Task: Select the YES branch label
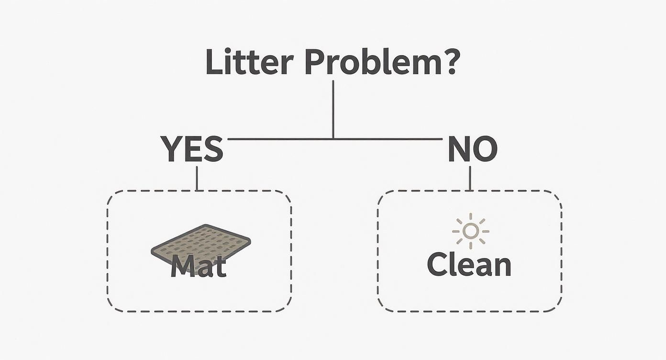pyautogui.click(x=192, y=149)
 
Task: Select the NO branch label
pyautogui.click(x=472, y=149)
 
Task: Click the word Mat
pyautogui.click(x=198, y=267)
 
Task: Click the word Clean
pyautogui.click(x=469, y=264)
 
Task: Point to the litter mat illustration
pyautogui.click(x=201, y=242)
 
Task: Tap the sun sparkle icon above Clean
pyautogui.click(x=471, y=231)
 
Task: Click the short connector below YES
pyautogui.click(x=197, y=178)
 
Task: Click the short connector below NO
pyautogui.click(x=470, y=178)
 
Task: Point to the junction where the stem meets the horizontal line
pyautogui.click(x=333, y=139)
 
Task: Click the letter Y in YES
pyautogui.click(x=170, y=149)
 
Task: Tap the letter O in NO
pyautogui.click(x=484, y=149)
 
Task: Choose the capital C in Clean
pyautogui.click(x=437, y=264)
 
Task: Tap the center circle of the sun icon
pyautogui.click(x=471, y=231)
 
